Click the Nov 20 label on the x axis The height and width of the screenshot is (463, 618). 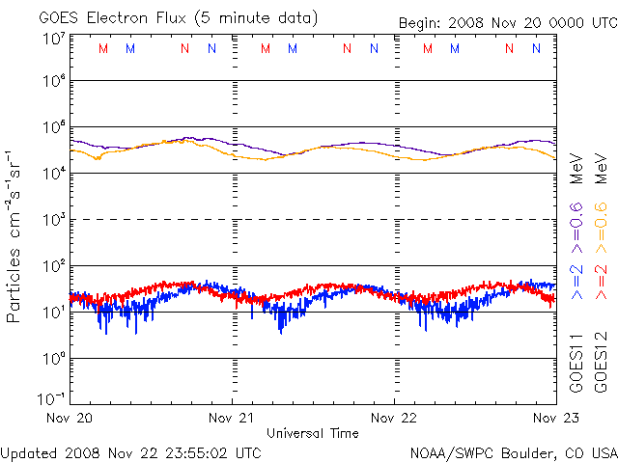coord(70,418)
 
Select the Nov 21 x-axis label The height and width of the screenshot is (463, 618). coord(233,418)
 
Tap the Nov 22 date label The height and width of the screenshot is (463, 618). coord(395,418)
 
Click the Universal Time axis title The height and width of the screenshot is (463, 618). coord(313,433)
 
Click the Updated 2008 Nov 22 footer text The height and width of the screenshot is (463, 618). coord(131,451)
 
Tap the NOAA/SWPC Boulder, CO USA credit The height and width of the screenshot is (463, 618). coord(513,451)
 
